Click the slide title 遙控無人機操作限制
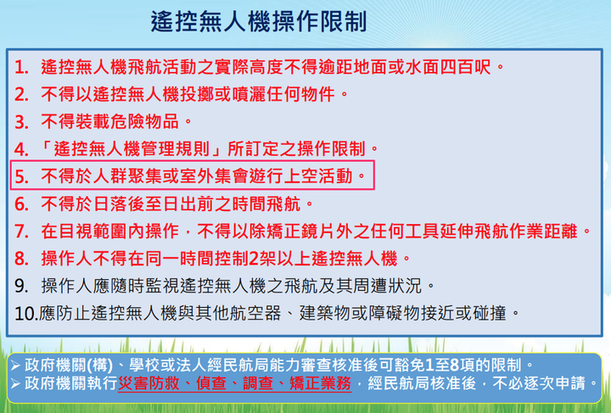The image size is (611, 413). tap(259, 21)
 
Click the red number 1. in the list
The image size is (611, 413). tap(21, 67)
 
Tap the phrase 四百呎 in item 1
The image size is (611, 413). tap(465, 67)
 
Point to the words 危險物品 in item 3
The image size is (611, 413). tap(144, 122)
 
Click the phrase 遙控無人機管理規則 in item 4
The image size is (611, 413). tap(132, 149)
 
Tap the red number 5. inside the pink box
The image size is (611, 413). tap(21, 176)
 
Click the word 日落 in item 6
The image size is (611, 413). tap(109, 204)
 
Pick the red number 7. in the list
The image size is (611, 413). tap(21, 232)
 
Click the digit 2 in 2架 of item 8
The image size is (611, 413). tap(253, 259)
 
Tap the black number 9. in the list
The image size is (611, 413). tap(21, 286)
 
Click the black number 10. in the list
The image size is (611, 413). tap(26, 314)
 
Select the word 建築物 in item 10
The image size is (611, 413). tap(324, 313)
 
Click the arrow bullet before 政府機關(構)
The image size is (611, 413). tap(15, 366)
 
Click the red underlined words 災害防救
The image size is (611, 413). tap(148, 383)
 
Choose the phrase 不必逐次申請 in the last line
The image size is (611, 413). tap(539, 383)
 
